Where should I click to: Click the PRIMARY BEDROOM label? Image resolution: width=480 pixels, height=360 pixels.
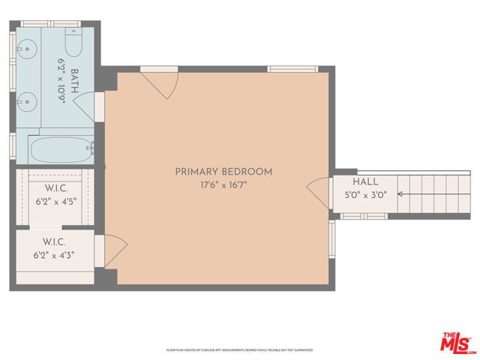[x=223, y=172]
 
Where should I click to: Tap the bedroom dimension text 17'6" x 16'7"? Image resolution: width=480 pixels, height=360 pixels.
[x=223, y=184]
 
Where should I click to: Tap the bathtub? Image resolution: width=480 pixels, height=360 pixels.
[x=60, y=149]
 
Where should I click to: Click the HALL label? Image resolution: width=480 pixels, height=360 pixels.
[x=366, y=181]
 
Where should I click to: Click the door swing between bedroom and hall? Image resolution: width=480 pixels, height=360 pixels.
[x=318, y=194]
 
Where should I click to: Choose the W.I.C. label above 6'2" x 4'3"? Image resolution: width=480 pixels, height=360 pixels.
[x=54, y=242]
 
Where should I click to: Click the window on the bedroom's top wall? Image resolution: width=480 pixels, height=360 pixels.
[x=293, y=70]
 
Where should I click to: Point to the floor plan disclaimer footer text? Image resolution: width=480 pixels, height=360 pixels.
[x=239, y=350]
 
